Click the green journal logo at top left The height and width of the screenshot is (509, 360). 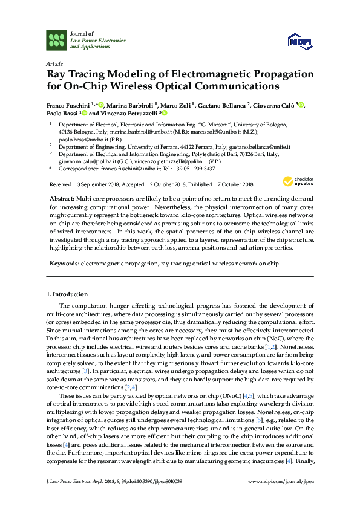56,41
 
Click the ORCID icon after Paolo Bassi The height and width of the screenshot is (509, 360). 83,113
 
